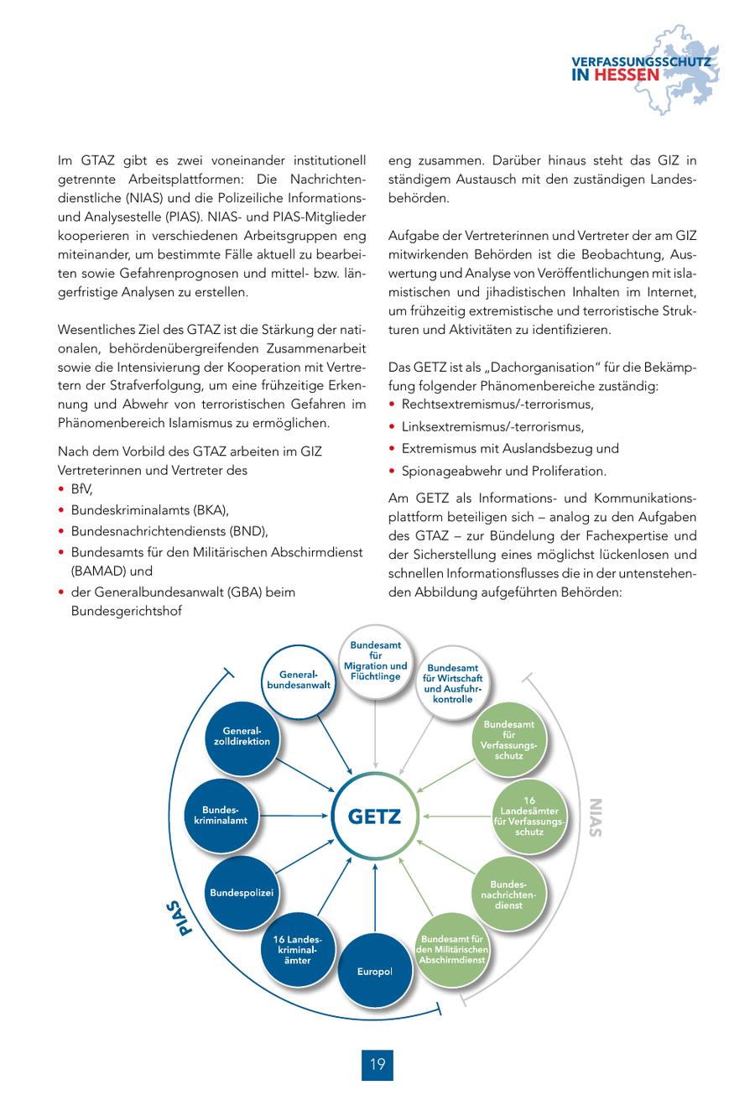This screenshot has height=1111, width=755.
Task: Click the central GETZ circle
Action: point(375,816)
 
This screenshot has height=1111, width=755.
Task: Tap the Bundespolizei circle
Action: point(242,892)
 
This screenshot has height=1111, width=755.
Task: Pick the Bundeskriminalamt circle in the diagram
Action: point(221,815)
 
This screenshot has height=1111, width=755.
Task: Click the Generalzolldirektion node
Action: point(242,736)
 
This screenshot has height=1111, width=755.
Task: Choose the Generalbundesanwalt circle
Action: point(299,681)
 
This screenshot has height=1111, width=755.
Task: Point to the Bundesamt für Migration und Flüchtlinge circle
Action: point(375,660)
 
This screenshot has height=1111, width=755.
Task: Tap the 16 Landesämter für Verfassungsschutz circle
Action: point(529,816)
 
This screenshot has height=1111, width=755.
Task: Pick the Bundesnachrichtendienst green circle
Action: point(508,895)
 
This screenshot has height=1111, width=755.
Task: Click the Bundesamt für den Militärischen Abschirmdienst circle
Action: point(453,948)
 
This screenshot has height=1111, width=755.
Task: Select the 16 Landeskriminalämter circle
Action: point(298,948)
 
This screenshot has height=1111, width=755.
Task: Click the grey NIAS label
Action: point(596,816)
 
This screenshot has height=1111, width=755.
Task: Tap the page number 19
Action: point(377,1064)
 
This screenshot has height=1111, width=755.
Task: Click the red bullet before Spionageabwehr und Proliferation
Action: point(393,471)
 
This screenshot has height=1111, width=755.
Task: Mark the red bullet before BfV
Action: point(62,489)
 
